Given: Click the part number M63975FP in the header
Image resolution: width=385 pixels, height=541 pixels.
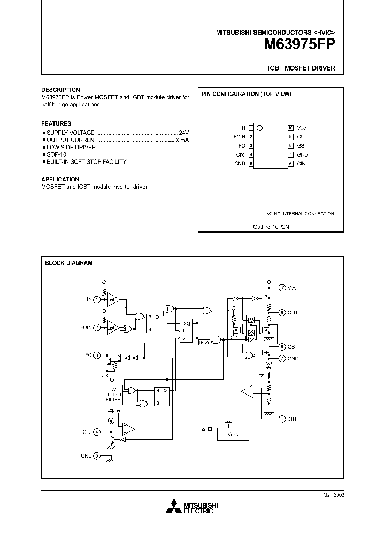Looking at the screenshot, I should pos(299,45).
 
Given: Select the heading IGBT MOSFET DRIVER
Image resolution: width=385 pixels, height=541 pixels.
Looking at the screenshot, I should pos(302,69).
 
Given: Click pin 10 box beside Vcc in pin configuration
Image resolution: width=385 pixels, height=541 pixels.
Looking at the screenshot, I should pos(291,128).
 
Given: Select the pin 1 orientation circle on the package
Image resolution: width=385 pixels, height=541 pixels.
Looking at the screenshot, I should pos(260,128).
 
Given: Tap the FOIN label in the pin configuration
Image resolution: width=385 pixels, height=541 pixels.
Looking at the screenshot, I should pos(240,137).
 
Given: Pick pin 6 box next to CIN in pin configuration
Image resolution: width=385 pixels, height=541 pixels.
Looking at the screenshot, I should pos(291,164).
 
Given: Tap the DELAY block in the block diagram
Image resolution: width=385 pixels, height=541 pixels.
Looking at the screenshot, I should pos(204,342).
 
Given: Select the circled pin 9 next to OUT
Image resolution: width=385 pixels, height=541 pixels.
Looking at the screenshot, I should pos(282,312).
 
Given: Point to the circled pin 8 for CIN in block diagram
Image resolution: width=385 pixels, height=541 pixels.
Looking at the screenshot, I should pos(282,419).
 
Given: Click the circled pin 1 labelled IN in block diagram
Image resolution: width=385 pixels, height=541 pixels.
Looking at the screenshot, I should pos(97,299).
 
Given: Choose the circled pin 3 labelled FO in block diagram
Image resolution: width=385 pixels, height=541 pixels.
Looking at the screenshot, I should pos(97,355).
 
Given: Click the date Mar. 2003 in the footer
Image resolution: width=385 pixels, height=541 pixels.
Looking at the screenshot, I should pos(333,495).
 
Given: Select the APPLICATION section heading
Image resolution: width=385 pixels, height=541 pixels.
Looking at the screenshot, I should pos(60,179).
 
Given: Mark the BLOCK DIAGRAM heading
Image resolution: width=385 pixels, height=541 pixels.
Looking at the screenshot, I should pos(68,263).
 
